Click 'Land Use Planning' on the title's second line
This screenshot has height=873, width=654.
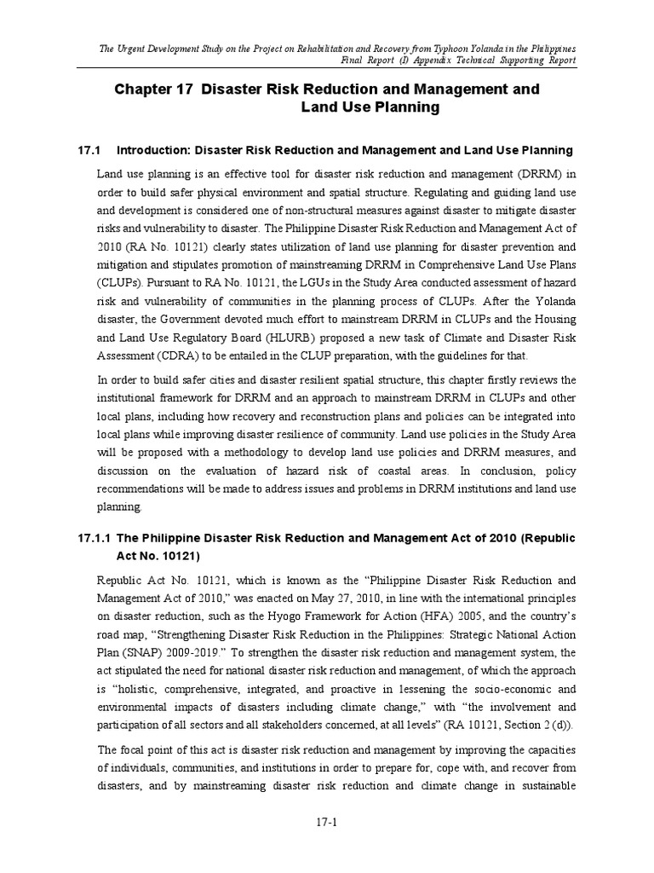(x=370, y=107)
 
